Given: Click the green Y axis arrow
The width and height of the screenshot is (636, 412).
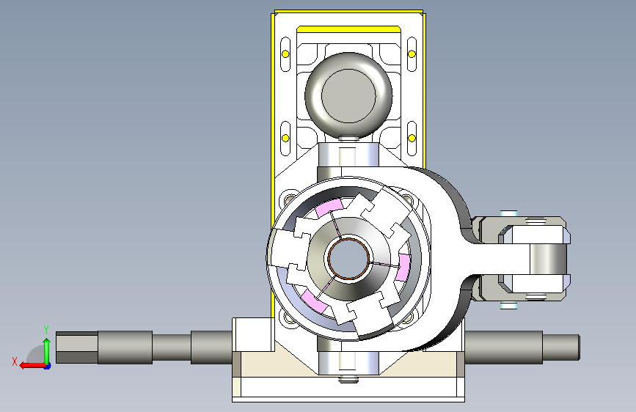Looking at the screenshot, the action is point(47,350).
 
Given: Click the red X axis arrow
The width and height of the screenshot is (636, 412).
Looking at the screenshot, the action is point(32,365).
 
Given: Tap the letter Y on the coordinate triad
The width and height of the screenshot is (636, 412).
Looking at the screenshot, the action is point(46,330).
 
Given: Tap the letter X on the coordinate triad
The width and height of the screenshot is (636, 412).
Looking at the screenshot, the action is point(15,361).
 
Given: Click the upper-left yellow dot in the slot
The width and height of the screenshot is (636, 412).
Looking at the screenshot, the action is point(285,54).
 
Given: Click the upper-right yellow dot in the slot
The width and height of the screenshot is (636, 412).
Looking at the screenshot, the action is point(412,54).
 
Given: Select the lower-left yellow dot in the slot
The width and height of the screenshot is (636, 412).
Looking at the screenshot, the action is point(285,139).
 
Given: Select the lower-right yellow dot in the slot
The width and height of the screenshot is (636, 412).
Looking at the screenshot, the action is point(412,139).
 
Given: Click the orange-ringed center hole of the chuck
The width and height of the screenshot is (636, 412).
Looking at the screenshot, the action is point(349,258).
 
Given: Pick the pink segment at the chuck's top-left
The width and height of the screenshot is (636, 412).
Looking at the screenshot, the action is point(329,207).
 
